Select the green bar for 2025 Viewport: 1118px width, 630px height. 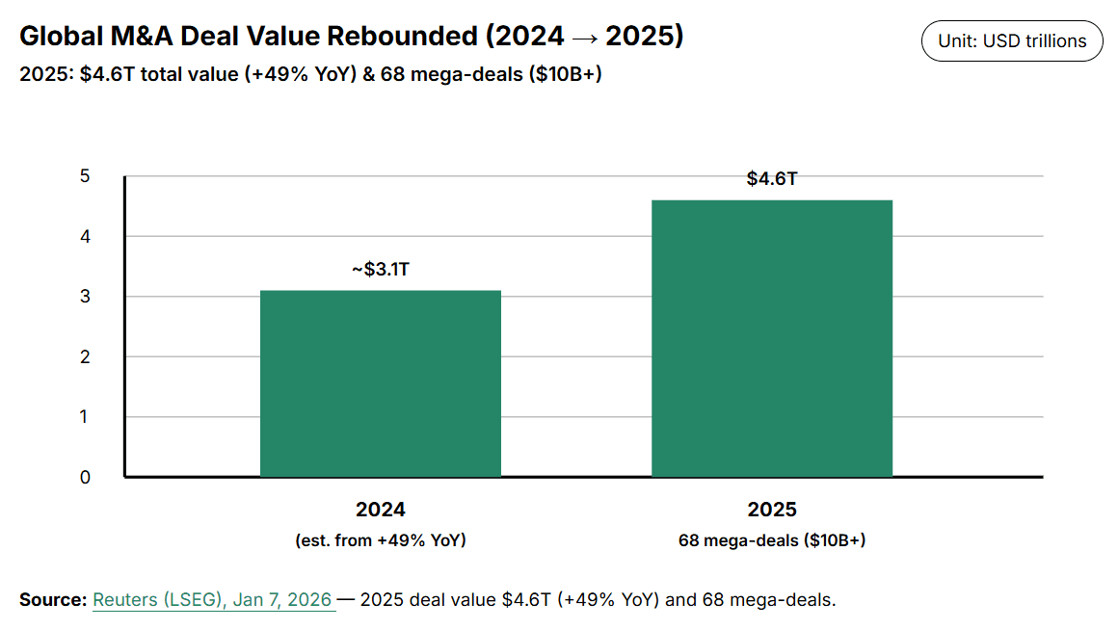tap(771, 338)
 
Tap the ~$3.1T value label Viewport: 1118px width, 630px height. tap(380, 270)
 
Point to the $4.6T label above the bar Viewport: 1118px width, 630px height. tap(771, 179)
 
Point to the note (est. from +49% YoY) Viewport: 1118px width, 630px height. tap(380, 540)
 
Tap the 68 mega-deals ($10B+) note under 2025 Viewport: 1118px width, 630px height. tap(771, 540)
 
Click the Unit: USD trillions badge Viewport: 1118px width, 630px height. tap(1012, 41)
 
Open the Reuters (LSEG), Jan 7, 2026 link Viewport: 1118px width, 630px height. tap(213, 600)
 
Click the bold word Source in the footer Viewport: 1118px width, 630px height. tap(52, 600)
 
